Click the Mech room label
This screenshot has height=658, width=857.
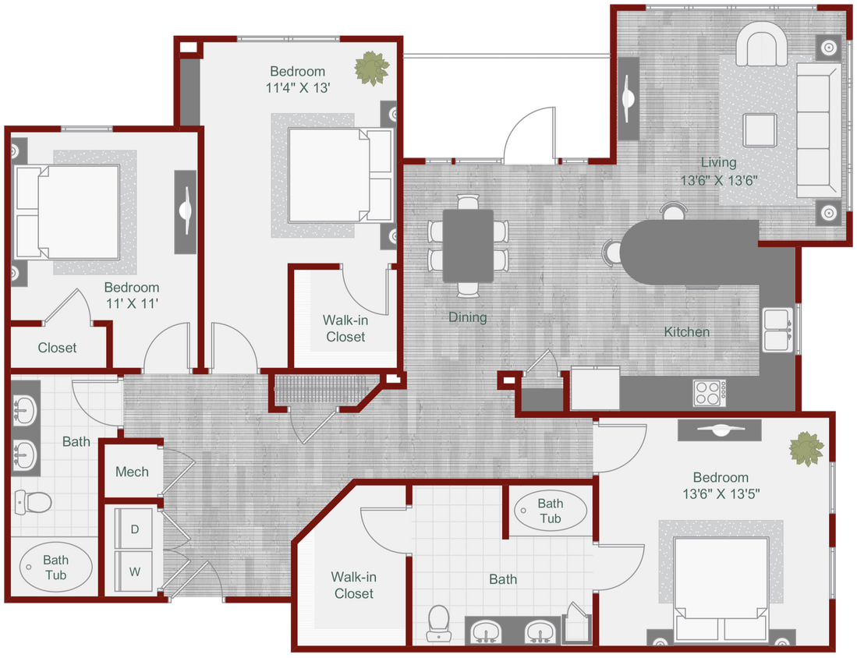pyautogui.click(x=132, y=472)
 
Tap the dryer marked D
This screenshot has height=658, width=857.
pyautogui.click(x=135, y=529)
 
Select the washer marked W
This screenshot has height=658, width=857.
pyautogui.click(x=135, y=571)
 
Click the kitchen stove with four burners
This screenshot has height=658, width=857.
pyautogui.click(x=709, y=392)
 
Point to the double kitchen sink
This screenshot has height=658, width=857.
pyautogui.click(x=777, y=330)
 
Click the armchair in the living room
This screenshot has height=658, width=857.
pyautogui.click(x=763, y=45)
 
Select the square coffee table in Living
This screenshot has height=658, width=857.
pyautogui.click(x=759, y=129)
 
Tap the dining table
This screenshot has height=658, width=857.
pyautogui.click(x=468, y=245)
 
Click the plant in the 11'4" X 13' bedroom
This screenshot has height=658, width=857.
pyautogui.click(x=371, y=69)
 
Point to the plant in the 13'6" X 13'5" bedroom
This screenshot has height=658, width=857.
pyautogui.click(x=806, y=450)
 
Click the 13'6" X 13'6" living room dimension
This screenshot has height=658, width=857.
pyautogui.click(x=718, y=179)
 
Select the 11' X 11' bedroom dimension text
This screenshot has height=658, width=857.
pyautogui.click(x=132, y=303)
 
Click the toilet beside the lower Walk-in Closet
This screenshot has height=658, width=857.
pyautogui.click(x=439, y=624)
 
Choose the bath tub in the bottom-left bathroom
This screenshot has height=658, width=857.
pyautogui.click(x=55, y=567)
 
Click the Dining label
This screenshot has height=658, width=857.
pyautogui.click(x=467, y=317)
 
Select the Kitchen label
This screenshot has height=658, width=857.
pyautogui.click(x=686, y=332)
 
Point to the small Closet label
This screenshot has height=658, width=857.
pyautogui.click(x=57, y=348)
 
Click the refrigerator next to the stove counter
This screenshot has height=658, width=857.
pyautogui.click(x=595, y=388)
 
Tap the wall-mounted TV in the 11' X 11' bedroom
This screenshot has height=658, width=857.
pyautogui.click(x=186, y=210)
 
